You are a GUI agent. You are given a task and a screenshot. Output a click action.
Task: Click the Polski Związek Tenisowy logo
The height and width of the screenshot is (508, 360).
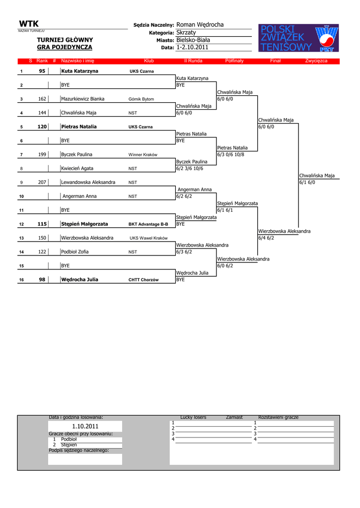tap(299, 38)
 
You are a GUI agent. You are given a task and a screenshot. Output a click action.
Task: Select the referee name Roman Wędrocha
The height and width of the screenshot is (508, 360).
tap(200, 25)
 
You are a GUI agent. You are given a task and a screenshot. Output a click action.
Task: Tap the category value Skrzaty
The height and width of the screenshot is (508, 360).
tap(186, 32)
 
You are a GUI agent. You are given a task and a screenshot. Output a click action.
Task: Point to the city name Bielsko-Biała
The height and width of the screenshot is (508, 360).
tap(193, 40)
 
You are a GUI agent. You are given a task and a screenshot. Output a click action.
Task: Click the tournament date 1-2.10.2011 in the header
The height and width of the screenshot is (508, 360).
tap(192, 47)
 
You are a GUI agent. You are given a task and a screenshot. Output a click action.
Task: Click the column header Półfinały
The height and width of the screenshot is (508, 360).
tap(234, 61)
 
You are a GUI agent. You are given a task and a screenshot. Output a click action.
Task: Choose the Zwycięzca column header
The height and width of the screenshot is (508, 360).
tap(316, 61)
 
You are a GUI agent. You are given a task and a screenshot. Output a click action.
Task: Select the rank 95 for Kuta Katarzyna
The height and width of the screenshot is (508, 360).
tap(42, 71)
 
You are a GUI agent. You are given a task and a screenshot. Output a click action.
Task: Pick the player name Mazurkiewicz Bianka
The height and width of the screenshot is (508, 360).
tap(82, 99)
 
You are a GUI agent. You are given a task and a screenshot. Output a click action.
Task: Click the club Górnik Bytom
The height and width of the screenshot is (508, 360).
tap(141, 99)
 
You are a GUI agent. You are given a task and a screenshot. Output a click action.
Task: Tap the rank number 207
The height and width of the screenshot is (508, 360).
tap(42, 182)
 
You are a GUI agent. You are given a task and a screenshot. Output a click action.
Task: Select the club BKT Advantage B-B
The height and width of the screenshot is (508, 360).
tap(148, 224)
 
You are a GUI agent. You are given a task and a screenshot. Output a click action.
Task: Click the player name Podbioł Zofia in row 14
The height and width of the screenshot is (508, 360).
tap(75, 252)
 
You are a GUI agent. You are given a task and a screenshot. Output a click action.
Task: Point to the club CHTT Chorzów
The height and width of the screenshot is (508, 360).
tap(144, 280)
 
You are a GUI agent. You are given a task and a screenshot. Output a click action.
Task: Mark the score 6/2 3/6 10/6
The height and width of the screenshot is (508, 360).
tap(190, 168)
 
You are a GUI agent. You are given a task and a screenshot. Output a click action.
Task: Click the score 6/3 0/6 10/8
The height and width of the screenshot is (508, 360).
tap(230, 154)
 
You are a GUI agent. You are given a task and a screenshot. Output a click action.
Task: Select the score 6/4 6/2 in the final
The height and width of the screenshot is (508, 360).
tap(266, 238)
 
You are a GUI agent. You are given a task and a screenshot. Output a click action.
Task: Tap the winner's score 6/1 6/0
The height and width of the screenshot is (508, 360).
tap(307, 182)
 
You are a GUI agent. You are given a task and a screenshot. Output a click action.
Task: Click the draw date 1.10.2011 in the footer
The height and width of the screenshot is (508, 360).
tap(85, 426)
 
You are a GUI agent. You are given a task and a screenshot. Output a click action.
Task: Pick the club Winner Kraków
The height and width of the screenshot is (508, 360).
tap(143, 155)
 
